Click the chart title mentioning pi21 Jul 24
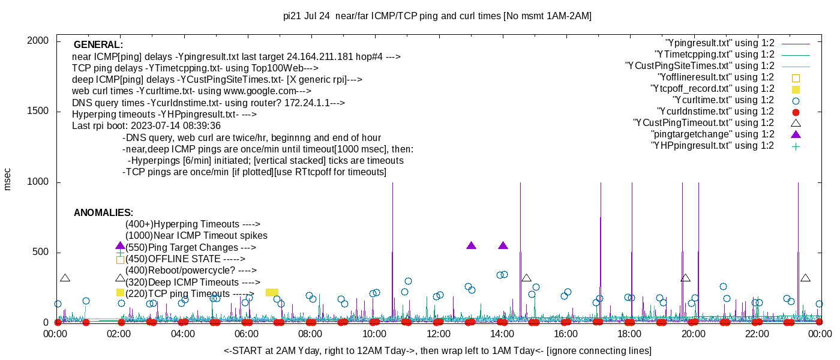(x=437, y=16)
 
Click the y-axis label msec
(x=8, y=179)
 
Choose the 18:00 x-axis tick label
(x=629, y=334)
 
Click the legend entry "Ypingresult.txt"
(x=719, y=43)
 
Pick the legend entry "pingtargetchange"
(x=712, y=134)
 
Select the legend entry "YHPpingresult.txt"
(x=712, y=146)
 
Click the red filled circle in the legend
(x=796, y=112)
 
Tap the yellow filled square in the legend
(x=796, y=89)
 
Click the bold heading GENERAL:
(x=98, y=45)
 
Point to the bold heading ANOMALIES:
(x=103, y=213)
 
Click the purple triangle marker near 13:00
(x=471, y=245)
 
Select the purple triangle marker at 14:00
(x=503, y=245)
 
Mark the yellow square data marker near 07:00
(x=272, y=292)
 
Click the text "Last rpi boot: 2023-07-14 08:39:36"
(x=146, y=126)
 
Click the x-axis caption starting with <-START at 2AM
(x=437, y=350)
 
